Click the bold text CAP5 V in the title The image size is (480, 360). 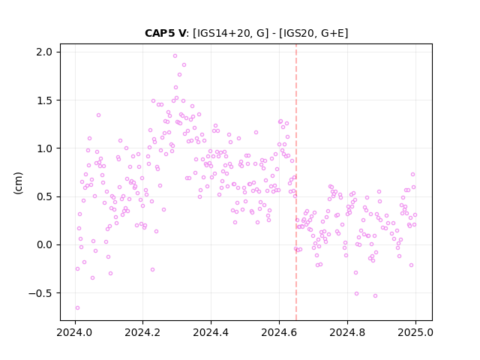165,33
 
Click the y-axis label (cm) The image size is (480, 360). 18,183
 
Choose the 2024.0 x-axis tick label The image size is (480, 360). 74,332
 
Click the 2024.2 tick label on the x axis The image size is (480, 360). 142,332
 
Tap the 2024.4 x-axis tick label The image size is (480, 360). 211,332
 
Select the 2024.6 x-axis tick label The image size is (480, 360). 279,332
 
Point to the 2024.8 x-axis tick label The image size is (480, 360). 347,332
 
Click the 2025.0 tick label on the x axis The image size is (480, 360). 415,332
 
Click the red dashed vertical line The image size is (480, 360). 296,182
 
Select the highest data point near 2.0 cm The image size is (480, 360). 175,56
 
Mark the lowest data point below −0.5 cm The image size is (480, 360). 77,308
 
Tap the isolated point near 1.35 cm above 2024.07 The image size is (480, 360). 98,115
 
